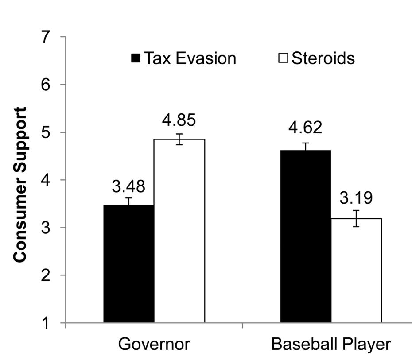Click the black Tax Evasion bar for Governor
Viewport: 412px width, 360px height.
(129, 263)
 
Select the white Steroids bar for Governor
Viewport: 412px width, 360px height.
(179, 231)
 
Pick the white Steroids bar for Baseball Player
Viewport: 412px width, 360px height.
(356, 270)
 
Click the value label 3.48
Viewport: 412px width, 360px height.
(128, 186)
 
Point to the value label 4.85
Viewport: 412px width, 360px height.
(179, 120)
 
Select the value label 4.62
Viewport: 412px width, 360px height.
(306, 128)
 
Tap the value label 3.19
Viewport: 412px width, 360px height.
(356, 197)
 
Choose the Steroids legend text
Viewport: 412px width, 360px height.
(323, 58)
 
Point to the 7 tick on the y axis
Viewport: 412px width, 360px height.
(53, 37)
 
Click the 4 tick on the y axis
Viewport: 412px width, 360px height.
(53, 180)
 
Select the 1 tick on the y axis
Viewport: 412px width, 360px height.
(53, 323)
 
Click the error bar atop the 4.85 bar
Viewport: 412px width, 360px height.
(179, 139)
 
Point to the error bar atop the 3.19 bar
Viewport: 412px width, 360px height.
(356, 218)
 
